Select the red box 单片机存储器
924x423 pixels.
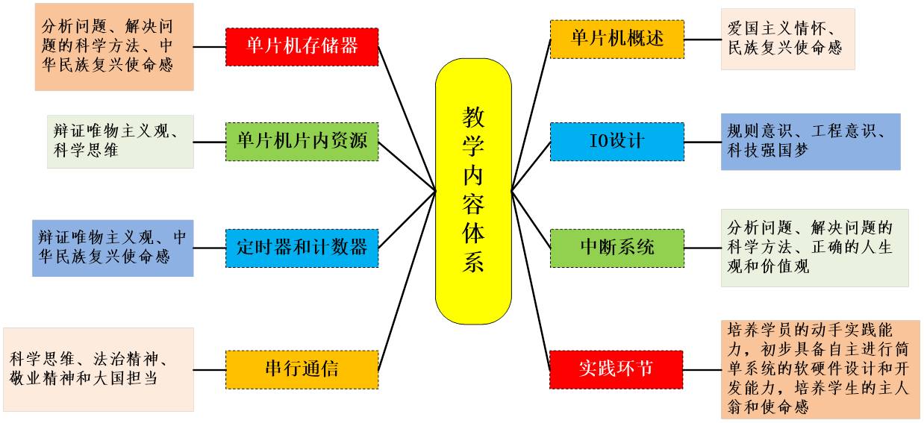point(302,46)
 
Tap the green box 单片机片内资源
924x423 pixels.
point(302,141)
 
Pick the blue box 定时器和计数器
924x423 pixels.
point(302,248)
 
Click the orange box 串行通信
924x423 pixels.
point(302,369)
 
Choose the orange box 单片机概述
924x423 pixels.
point(616,39)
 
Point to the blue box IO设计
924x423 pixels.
point(616,141)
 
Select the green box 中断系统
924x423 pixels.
point(616,248)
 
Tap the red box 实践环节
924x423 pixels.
point(616,369)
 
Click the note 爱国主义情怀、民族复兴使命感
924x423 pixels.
point(787,39)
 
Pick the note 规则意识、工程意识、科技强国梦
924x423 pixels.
point(810,141)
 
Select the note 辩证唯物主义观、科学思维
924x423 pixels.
point(119,141)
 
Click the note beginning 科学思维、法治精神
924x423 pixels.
point(98,369)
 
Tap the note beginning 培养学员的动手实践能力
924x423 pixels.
point(820,369)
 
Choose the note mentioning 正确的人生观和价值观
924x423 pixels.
point(814,248)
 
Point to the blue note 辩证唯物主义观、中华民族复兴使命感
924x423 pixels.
point(113,248)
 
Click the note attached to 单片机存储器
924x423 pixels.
point(113,47)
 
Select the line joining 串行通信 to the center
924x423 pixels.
point(407,281)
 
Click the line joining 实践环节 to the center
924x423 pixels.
point(531,281)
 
